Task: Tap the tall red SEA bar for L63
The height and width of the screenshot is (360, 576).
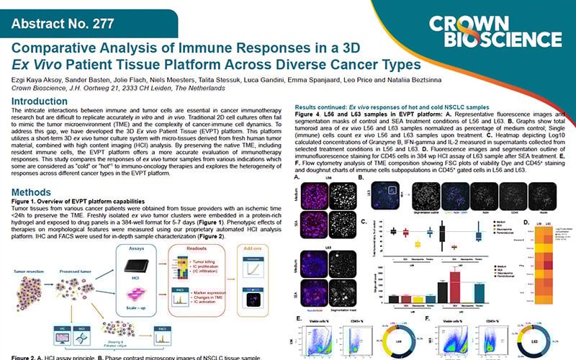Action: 455,284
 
